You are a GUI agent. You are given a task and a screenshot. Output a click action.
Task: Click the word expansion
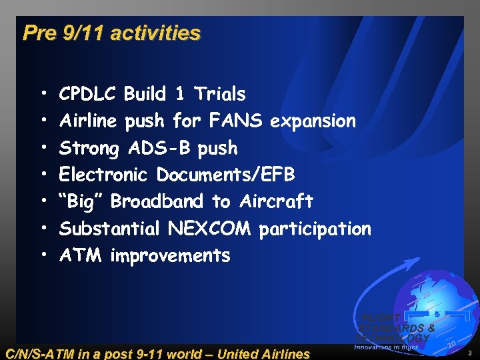point(313,121)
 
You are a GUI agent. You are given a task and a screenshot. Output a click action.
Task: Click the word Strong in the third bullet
point(89,148)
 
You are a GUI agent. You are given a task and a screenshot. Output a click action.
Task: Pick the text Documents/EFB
point(225,175)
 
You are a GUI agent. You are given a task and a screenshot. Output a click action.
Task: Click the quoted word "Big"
point(82,201)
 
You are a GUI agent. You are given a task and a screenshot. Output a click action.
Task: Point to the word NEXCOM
point(209,229)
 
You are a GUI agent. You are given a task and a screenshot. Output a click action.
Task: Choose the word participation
point(315,229)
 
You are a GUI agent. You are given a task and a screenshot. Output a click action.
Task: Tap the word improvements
point(170,255)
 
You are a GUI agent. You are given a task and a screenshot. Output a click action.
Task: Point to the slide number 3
point(469,353)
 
